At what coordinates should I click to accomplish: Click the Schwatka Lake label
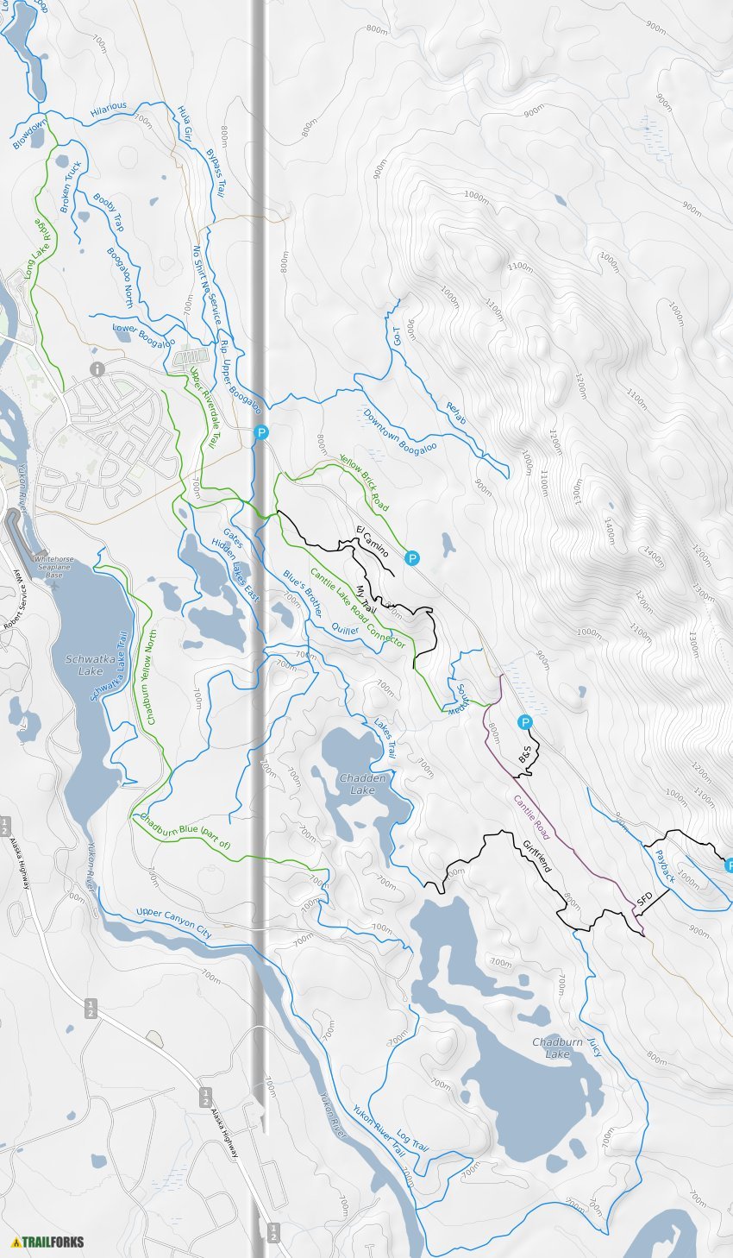click(x=84, y=664)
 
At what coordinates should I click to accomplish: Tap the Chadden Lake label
click(x=362, y=783)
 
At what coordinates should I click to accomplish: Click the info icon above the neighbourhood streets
click(x=97, y=369)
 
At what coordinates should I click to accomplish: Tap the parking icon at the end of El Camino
click(x=412, y=559)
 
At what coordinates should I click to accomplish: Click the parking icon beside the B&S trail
click(x=524, y=722)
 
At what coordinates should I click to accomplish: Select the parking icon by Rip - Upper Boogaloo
click(x=261, y=433)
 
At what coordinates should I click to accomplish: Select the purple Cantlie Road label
click(x=531, y=817)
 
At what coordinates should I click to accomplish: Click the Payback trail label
click(x=665, y=865)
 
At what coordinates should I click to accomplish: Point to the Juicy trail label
click(x=596, y=1047)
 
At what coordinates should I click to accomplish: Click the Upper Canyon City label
click(x=173, y=924)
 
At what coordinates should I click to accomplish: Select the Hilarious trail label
click(x=109, y=107)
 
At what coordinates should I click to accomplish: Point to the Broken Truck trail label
click(x=70, y=186)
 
